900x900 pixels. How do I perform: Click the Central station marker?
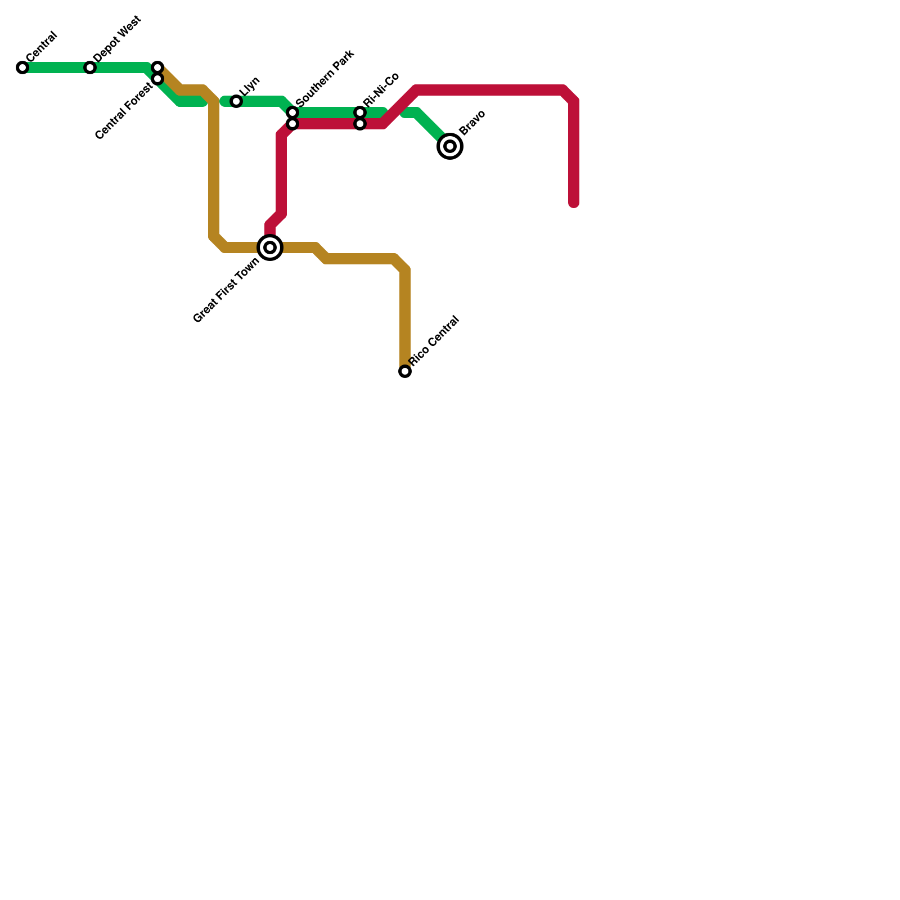point(22,67)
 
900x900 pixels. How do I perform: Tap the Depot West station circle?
point(90,67)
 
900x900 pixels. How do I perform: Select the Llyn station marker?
point(236,101)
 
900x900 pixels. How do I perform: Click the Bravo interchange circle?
point(450,146)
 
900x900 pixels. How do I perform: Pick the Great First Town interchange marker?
point(270,247)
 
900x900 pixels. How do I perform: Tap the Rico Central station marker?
point(405,371)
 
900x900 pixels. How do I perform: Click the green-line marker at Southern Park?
point(292,112)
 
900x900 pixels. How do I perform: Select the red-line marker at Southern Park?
point(292,124)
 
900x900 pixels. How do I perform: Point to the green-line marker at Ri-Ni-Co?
point(360,112)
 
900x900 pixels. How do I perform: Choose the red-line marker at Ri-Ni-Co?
point(360,124)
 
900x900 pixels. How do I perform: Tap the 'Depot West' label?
point(118,39)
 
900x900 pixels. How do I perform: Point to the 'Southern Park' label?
point(325,78)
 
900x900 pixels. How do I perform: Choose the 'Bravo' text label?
point(472,123)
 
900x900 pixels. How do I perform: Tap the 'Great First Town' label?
point(226,290)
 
